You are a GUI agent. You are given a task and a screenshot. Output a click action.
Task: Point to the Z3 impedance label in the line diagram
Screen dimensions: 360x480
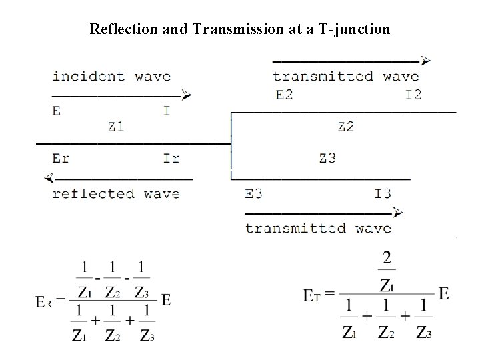tap(327, 158)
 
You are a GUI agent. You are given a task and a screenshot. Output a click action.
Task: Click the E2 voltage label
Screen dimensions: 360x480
tap(284, 94)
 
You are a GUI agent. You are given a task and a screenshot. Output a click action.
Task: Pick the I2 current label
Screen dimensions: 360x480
tap(413, 94)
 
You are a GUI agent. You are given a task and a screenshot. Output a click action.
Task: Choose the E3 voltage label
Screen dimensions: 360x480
tap(253, 194)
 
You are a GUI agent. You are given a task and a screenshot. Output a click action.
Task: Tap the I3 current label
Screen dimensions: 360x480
tap(382, 194)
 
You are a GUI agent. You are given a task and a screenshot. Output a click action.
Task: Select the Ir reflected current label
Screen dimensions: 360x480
tap(171, 159)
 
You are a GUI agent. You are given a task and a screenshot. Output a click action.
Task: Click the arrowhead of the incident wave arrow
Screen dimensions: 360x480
tap(187, 95)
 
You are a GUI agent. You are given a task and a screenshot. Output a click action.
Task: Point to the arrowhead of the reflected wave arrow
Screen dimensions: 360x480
tap(48, 178)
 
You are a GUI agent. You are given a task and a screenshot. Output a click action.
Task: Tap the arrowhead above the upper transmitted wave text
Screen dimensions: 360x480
tap(425, 60)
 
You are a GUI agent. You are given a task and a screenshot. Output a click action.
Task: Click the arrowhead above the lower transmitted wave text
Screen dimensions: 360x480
tap(397, 213)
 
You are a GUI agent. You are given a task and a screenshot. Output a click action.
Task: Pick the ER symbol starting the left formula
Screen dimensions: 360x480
tap(45, 301)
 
